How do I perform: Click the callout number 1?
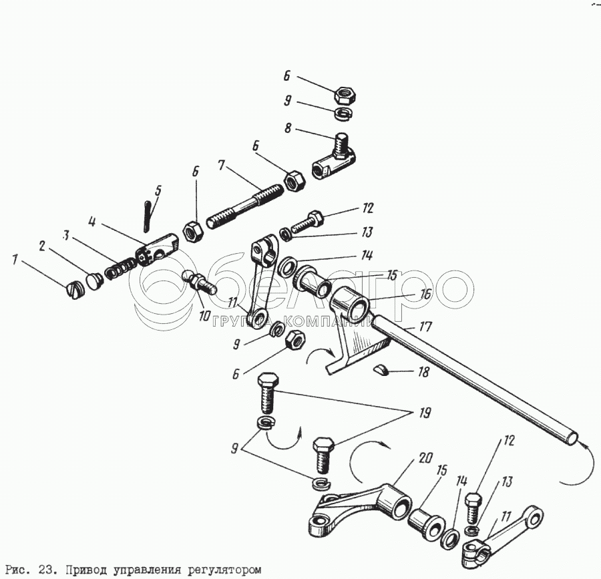[15, 258]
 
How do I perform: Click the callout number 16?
[425, 294]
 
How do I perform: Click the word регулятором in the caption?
[224, 570]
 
